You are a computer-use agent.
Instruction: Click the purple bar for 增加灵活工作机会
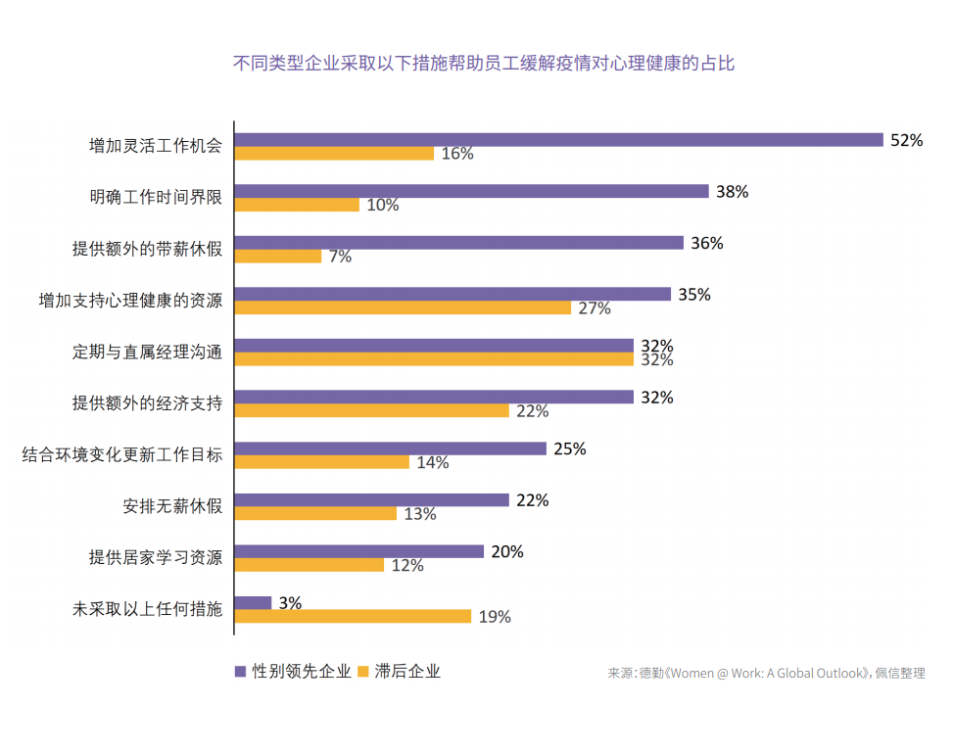pyautogui.click(x=558, y=139)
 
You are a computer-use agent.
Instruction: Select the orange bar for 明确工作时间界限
pyautogui.click(x=297, y=205)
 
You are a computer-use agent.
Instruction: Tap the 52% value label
pyautogui.click(x=906, y=140)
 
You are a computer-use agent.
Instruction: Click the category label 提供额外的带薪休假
pyautogui.click(x=147, y=249)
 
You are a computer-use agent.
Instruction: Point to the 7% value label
pyautogui.click(x=340, y=257)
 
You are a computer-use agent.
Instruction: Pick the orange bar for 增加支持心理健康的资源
pyautogui.click(x=403, y=307)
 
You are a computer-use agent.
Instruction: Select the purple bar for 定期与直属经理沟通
pyautogui.click(x=434, y=346)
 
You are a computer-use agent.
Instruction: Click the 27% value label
pyautogui.click(x=595, y=308)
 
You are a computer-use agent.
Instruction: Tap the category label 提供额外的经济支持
pyautogui.click(x=147, y=403)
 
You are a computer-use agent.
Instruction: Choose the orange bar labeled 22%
pyautogui.click(x=371, y=410)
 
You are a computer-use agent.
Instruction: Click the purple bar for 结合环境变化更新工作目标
pyautogui.click(x=390, y=448)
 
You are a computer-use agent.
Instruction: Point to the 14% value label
pyautogui.click(x=432, y=463)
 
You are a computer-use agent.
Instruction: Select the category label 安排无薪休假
pyautogui.click(x=172, y=506)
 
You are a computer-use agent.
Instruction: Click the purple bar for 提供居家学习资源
pyautogui.click(x=358, y=551)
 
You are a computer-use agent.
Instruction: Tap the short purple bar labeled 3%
pyautogui.click(x=253, y=602)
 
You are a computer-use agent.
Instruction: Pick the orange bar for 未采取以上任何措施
pyautogui.click(x=353, y=616)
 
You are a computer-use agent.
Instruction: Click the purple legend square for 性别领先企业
pyautogui.click(x=240, y=672)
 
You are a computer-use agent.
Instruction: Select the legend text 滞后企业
pyautogui.click(x=406, y=672)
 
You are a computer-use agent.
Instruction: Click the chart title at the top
pyautogui.click(x=483, y=65)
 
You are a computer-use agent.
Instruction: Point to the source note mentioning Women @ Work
pyautogui.click(x=766, y=674)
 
